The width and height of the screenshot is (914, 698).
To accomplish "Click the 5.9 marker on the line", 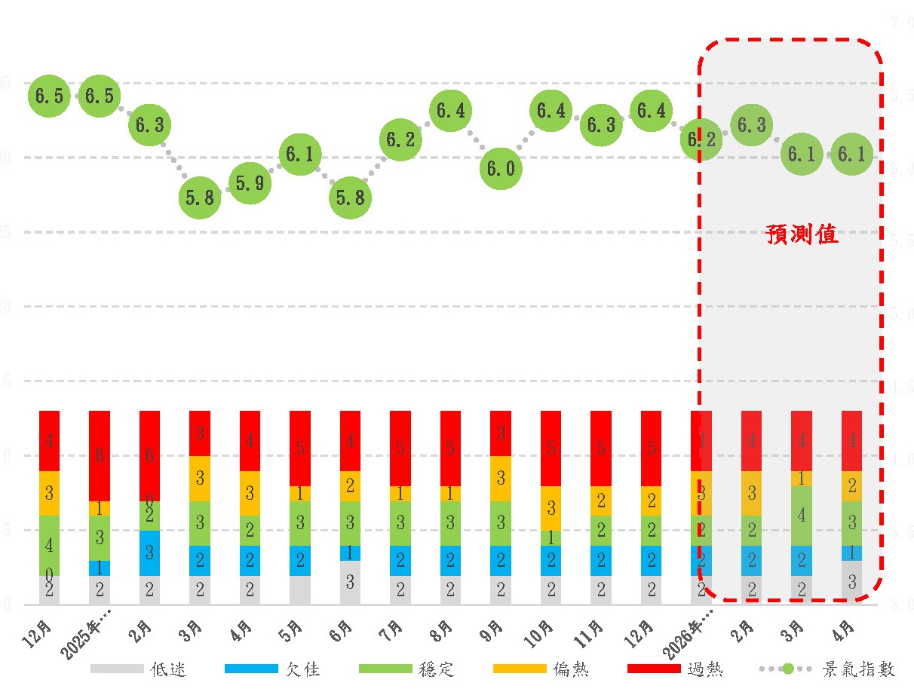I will coord(250,183).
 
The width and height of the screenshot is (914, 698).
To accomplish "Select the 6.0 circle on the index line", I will coord(501,168).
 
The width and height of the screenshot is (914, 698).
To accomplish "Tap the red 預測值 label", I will coord(802,234).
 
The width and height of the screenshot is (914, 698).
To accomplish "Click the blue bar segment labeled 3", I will coord(149,553).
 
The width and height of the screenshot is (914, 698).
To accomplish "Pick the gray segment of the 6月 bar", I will coord(350,582).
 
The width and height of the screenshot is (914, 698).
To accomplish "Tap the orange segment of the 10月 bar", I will coord(551,508).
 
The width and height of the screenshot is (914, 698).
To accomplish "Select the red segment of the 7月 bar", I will coord(400,448).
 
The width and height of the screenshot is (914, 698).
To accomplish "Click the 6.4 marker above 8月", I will coord(451,111).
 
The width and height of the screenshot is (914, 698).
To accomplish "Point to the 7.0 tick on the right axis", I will coord(902,24).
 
